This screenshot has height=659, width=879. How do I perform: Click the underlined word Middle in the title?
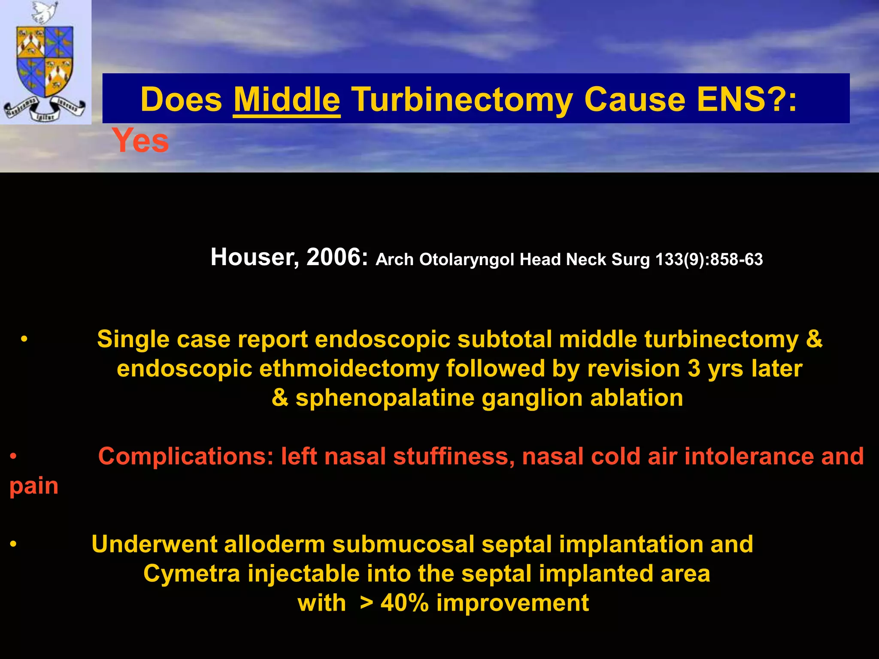(287, 100)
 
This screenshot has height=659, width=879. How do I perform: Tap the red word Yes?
(140, 141)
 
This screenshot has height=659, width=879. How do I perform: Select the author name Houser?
(254, 257)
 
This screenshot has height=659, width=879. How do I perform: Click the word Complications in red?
(185, 456)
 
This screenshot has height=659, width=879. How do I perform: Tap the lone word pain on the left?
(34, 486)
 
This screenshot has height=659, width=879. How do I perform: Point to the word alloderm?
(274, 544)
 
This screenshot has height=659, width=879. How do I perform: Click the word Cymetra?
(191, 574)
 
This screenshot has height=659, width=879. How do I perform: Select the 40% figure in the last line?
(404, 603)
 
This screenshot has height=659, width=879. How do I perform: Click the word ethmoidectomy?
(349, 369)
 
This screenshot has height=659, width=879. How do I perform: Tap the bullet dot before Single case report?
(24, 339)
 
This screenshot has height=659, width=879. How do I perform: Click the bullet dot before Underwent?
(13, 544)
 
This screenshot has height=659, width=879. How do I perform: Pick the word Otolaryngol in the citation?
(466, 260)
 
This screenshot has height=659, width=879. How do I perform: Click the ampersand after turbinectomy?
(814, 339)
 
